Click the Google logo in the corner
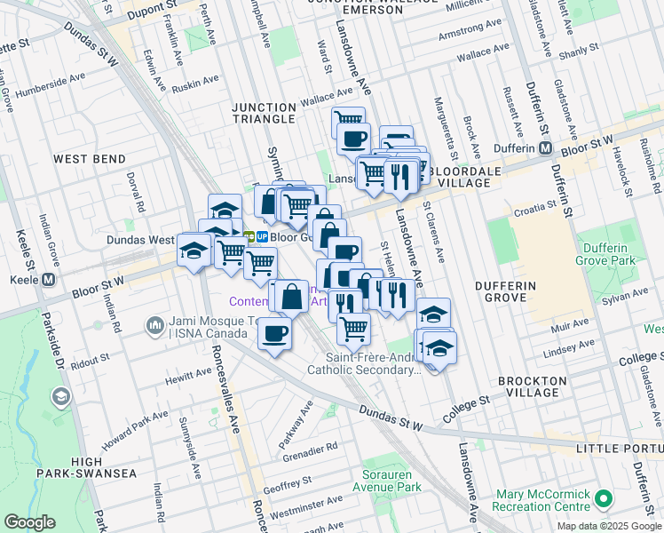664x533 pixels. point(29,522)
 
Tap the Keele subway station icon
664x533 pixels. point(49,279)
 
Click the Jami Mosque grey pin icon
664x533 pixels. point(155,325)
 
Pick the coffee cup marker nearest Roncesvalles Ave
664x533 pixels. point(274,334)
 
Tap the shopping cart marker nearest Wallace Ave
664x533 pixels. point(348,120)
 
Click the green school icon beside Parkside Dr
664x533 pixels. point(61,396)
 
